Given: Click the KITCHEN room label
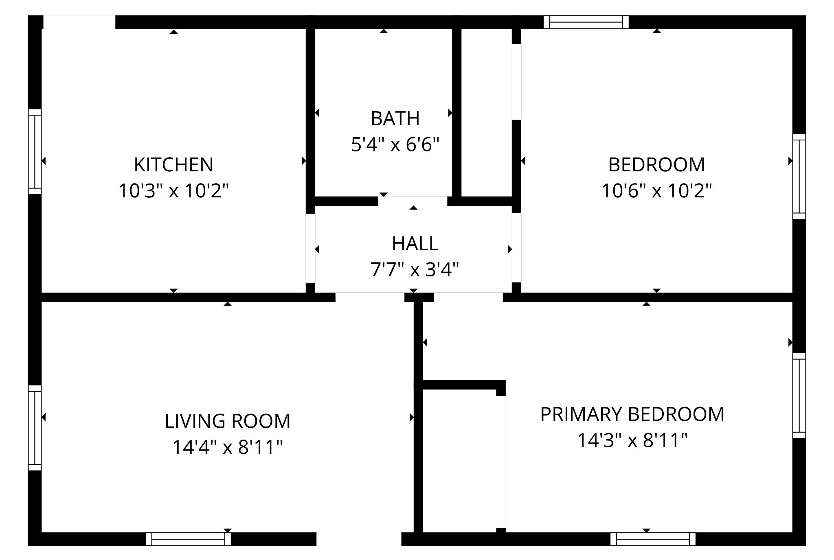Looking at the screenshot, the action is tap(173, 165).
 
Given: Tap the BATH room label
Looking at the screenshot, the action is tap(395, 118).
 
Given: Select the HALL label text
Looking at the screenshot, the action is tap(415, 244).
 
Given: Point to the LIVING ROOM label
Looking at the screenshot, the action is tap(228, 421).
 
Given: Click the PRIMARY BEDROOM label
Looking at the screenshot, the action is tap(632, 414).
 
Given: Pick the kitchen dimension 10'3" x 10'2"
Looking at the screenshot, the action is tap(173, 190).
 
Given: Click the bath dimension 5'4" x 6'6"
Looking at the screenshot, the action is tap(395, 144).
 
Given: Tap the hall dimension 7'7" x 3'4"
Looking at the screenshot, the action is tap(415, 269).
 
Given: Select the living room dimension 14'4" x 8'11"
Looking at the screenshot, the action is tap(228, 447).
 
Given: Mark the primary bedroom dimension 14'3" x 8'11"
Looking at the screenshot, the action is tap(632, 440).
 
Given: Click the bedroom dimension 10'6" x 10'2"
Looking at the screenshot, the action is tap(656, 190).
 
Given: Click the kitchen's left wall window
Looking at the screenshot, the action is tap(35, 151).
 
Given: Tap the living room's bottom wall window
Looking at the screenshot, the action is tap(188, 539).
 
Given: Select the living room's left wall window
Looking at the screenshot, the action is tap(35, 428).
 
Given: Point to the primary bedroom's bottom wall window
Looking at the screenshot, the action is tap(653, 539).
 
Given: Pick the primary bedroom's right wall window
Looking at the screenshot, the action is tap(799, 396).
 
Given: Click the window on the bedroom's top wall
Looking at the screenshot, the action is tap(586, 22).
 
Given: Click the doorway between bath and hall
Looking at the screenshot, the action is tap(413, 201).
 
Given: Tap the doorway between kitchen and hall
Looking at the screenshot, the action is tap(310, 248).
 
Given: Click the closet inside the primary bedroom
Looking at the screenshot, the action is tap(459, 460).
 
